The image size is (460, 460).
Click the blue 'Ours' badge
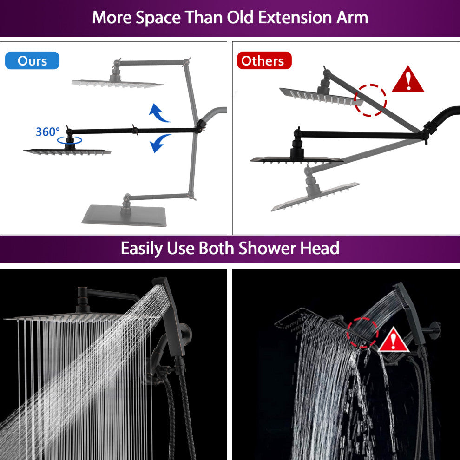32,60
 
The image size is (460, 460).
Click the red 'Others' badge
264,60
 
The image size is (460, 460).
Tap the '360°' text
47,131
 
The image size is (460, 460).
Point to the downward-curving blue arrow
159,143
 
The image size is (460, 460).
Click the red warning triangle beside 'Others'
408,79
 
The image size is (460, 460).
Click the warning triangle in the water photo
394,340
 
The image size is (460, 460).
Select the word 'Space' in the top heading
158,18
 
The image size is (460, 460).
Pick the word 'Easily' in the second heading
142,249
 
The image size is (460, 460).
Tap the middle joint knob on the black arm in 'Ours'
135,130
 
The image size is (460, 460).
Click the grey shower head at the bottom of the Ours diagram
125,215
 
